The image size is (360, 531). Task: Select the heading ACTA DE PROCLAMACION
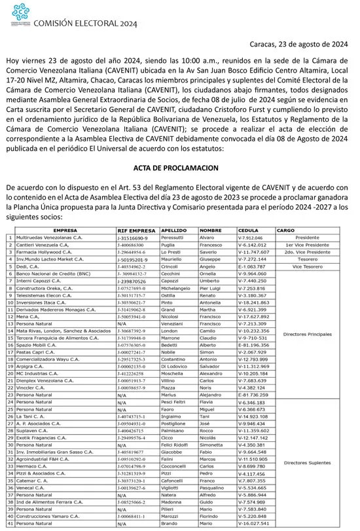pyautogui.click(x=179, y=168)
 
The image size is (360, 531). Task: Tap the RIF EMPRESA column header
pyautogui.click(x=136, y=231)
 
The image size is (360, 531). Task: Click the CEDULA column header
pyautogui.click(x=248, y=231)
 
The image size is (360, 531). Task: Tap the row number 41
pyautogui.click(x=10, y=524)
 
